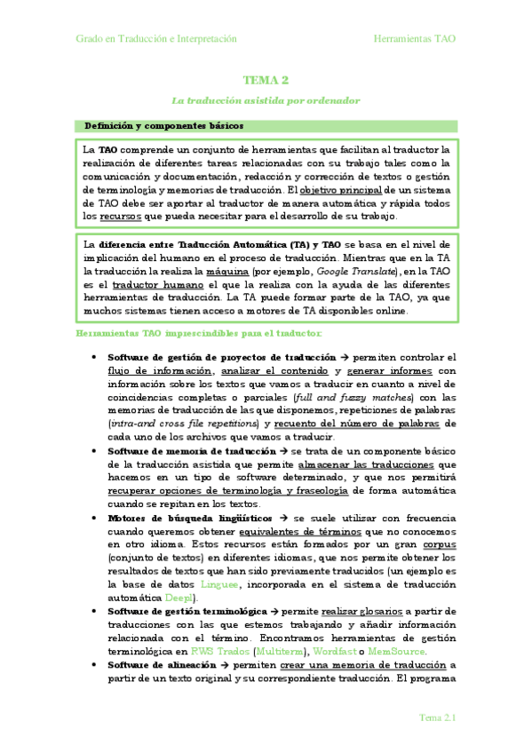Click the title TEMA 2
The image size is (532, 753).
(266, 80)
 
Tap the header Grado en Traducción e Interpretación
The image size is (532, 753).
(156, 39)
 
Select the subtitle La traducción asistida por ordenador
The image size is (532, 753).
(266, 101)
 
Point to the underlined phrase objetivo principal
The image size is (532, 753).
(342, 189)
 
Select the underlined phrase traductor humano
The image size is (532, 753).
(140, 283)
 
